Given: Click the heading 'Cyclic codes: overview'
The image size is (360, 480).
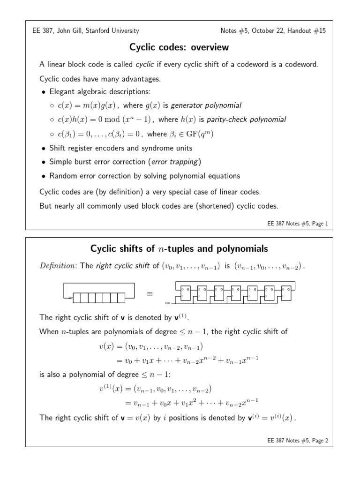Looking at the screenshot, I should pyautogui.click(x=180, y=47).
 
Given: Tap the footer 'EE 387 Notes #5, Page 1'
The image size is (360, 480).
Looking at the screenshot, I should pyautogui.click(x=297, y=224).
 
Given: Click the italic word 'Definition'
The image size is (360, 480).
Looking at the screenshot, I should pyautogui.click(x=59, y=266).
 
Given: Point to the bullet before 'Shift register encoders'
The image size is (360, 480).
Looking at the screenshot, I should pyautogui.click(x=44, y=148).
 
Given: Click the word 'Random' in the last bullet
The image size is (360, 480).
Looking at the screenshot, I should pyautogui.click(x=62, y=176).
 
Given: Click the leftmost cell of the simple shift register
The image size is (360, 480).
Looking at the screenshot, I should pyautogui.click(x=77, y=298).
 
